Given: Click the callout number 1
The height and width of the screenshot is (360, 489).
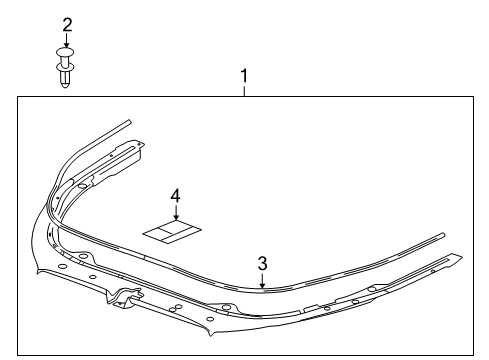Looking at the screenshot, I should point(243,75).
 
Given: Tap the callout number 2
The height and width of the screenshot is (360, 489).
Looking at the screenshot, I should point(67,23).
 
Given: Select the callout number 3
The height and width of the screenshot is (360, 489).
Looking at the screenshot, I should point(262,264).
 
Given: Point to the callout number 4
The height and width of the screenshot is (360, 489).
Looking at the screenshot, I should point(175,197).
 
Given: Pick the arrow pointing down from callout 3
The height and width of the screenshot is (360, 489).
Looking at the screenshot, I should point(262,281).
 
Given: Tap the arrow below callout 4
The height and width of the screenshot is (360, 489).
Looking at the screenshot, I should point(175,215).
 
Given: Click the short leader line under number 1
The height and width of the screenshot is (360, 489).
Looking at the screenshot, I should point(243,89).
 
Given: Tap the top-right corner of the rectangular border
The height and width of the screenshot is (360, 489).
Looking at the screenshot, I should point(471,95).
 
